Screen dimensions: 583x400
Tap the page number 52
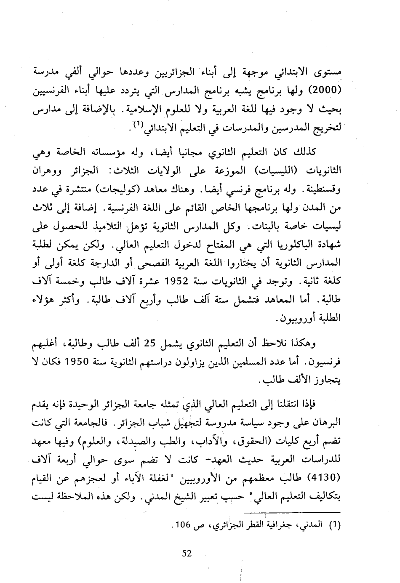tap(187, 553)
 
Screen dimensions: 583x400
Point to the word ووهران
tap(48, 172)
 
